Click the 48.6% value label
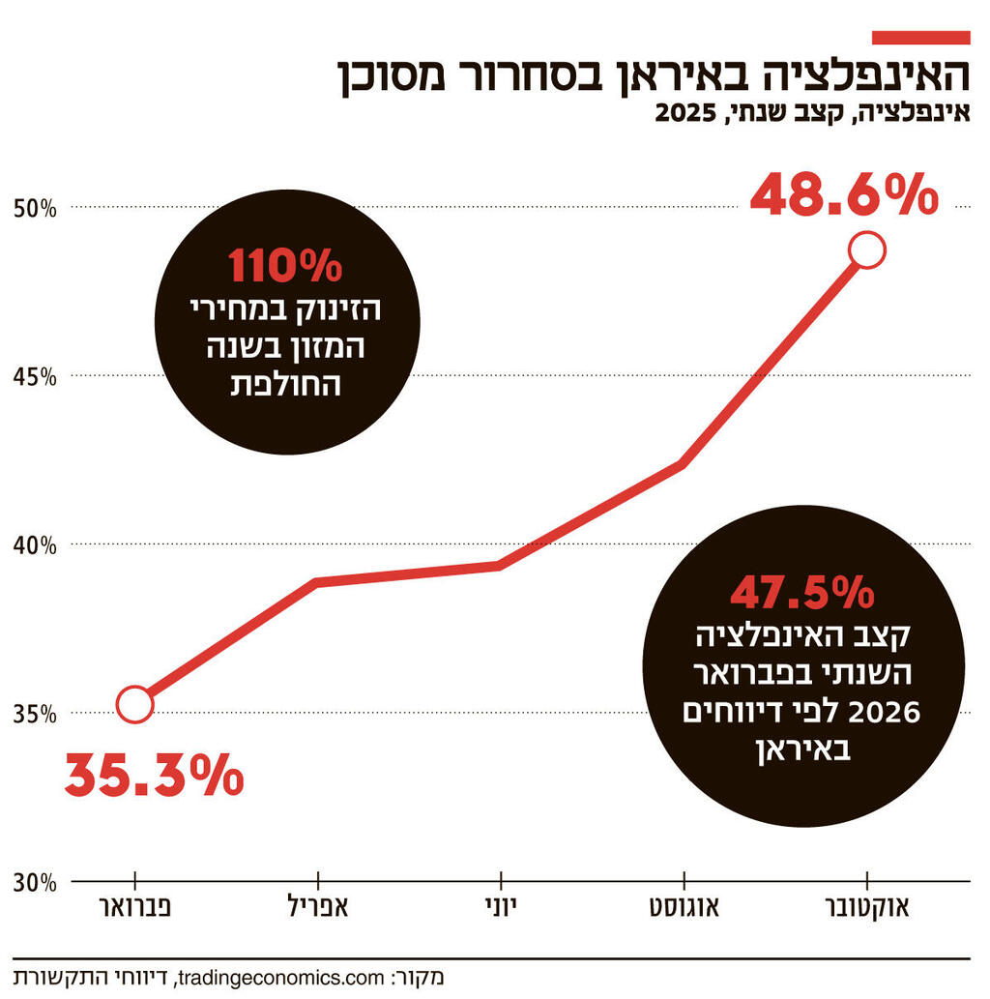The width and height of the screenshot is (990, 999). coord(844,196)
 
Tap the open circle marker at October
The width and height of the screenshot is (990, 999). coord(866,250)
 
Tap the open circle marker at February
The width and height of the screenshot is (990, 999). coord(134,705)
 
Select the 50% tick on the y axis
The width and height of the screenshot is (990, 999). coord(35,208)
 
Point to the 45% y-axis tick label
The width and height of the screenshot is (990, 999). coord(35,376)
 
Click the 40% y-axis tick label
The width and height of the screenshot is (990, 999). coord(35,545)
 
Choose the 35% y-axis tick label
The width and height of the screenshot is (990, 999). coord(35,715)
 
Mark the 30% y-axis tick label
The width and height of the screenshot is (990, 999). coord(35,883)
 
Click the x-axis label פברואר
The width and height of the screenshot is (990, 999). coord(135,909)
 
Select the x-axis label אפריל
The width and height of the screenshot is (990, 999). coord(317,909)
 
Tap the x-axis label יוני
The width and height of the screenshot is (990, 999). coord(500,909)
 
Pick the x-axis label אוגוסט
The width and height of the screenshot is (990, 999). coord(684,909)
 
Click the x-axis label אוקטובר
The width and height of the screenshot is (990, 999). coord(865,909)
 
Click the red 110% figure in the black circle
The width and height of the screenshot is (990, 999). coord(285,266)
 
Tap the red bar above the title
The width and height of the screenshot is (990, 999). coord(920,37)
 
